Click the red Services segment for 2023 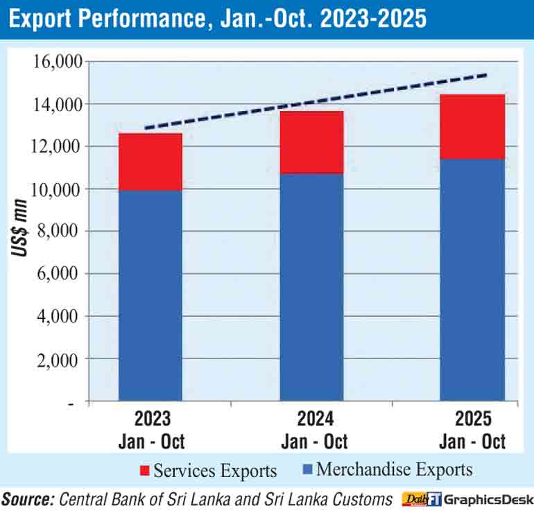(x=150, y=162)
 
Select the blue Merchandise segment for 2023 (x=150, y=295)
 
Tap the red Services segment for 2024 (x=311, y=141)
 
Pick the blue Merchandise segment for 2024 (x=311, y=286)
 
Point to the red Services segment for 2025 (x=472, y=126)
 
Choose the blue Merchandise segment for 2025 (x=472, y=279)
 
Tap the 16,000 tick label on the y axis (x=58, y=62)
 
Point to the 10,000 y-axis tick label (x=58, y=189)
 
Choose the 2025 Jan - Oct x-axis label (x=473, y=430)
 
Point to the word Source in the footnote (x=28, y=499)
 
